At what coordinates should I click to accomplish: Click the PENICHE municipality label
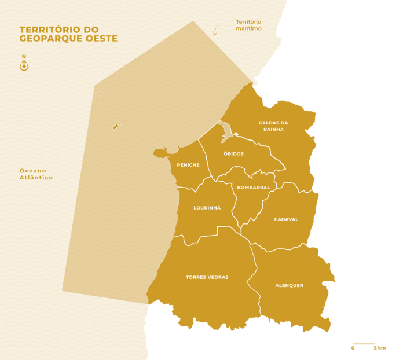point(188,165)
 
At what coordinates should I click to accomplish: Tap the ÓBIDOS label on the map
point(233,154)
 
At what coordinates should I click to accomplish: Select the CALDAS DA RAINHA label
point(273,126)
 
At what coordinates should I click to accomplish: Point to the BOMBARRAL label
point(254,188)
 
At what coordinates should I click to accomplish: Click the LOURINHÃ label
point(207,207)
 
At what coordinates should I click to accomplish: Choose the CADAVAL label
point(286,219)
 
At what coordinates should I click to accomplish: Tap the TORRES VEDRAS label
point(207,277)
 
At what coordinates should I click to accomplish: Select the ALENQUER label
point(289,285)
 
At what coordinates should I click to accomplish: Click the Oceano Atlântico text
point(36,174)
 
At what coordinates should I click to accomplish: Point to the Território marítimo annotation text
point(248,25)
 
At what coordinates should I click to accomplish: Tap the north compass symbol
point(24,66)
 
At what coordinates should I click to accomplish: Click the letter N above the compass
point(24,57)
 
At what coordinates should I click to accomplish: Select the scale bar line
point(364,344)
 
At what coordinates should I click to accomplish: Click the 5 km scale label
point(379,348)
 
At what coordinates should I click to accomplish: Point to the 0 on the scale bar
point(353,348)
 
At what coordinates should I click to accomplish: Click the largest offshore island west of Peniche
point(116,126)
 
